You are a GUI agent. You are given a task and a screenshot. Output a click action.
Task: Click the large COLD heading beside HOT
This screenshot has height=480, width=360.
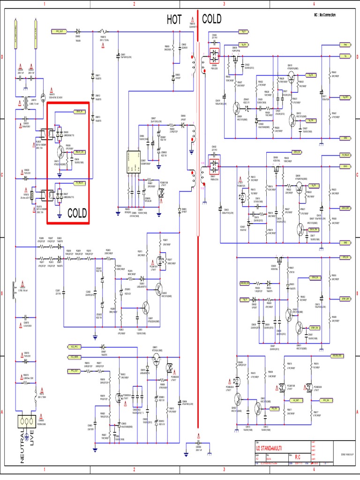(212, 19)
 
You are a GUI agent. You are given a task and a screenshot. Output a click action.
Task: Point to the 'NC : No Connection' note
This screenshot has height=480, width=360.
(325, 15)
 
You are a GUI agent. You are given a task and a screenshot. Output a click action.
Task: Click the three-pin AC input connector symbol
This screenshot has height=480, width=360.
(28, 421)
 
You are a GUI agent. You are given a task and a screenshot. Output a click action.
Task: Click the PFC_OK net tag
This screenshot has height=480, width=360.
(327, 401)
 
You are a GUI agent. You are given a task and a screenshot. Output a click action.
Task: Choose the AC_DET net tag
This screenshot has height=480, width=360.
(296, 401)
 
